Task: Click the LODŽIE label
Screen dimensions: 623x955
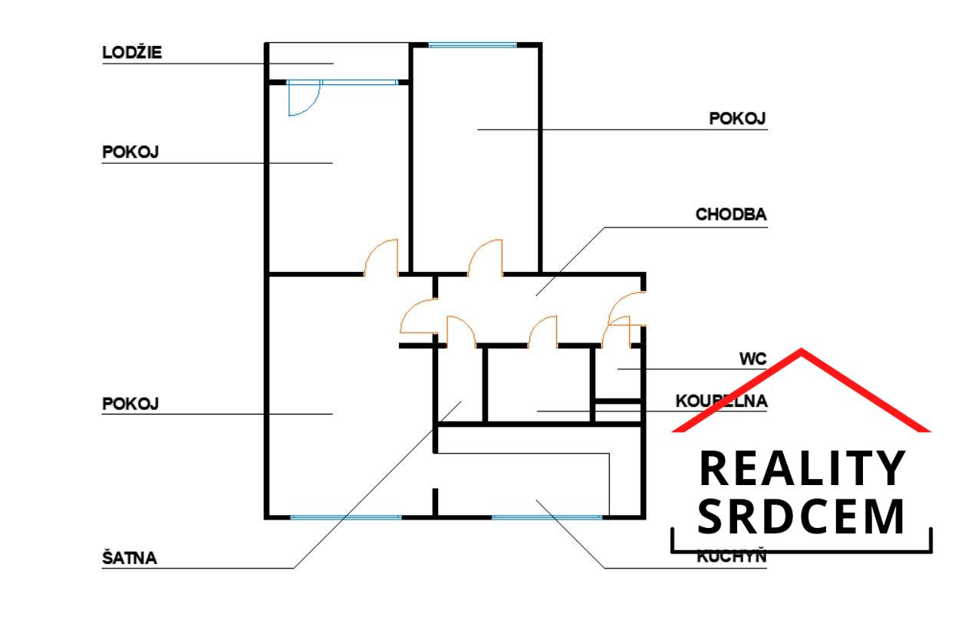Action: [x=133, y=54]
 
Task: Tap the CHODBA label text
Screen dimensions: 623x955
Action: [x=730, y=215]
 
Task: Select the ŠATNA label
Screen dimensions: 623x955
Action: [x=130, y=558]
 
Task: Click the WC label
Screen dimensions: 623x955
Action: [x=753, y=358]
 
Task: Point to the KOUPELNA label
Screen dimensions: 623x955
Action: [x=721, y=401]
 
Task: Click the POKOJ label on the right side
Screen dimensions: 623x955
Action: [x=737, y=119]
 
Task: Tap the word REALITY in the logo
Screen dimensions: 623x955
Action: [x=802, y=469]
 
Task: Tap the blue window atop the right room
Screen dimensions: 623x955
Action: [x=472, y=45]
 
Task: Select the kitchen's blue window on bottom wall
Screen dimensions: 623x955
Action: [x=546, y=516]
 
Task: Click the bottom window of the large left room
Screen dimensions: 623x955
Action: [x=346, y=516]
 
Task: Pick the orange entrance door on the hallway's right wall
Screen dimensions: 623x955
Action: [x=625, y=308]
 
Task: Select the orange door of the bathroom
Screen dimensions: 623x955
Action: [x=543, y=331]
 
